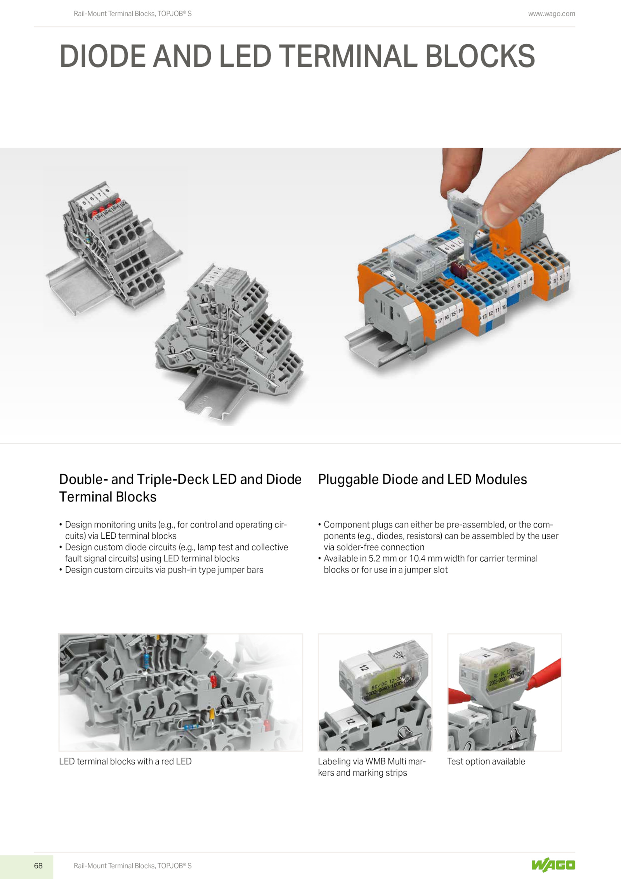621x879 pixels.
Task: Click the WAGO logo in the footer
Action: pos(553,865)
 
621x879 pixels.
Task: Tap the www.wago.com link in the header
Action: pos(552,14)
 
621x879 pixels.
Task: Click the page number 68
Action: pos(38,865)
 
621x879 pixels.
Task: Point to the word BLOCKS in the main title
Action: pos(480,56)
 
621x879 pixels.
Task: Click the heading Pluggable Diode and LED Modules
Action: pos(422,479)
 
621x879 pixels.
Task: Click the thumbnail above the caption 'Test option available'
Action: pos(504,692)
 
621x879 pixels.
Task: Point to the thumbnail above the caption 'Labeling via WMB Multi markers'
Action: pos(375,692)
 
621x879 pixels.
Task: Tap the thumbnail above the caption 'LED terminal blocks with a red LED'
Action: pos(181,692)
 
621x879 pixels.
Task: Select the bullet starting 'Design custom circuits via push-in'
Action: pos(161,570)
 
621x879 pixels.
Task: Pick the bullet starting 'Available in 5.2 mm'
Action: pos(428,564)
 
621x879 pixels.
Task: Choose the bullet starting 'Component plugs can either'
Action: pos(438,536)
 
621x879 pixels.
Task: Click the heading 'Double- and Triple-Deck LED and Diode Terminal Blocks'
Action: pos(180,488)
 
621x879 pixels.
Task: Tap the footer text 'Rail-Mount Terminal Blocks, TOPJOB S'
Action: pos(133,865)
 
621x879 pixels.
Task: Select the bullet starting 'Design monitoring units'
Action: pos(173,530)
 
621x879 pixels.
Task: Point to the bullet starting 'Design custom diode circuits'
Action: pos(173,553)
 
